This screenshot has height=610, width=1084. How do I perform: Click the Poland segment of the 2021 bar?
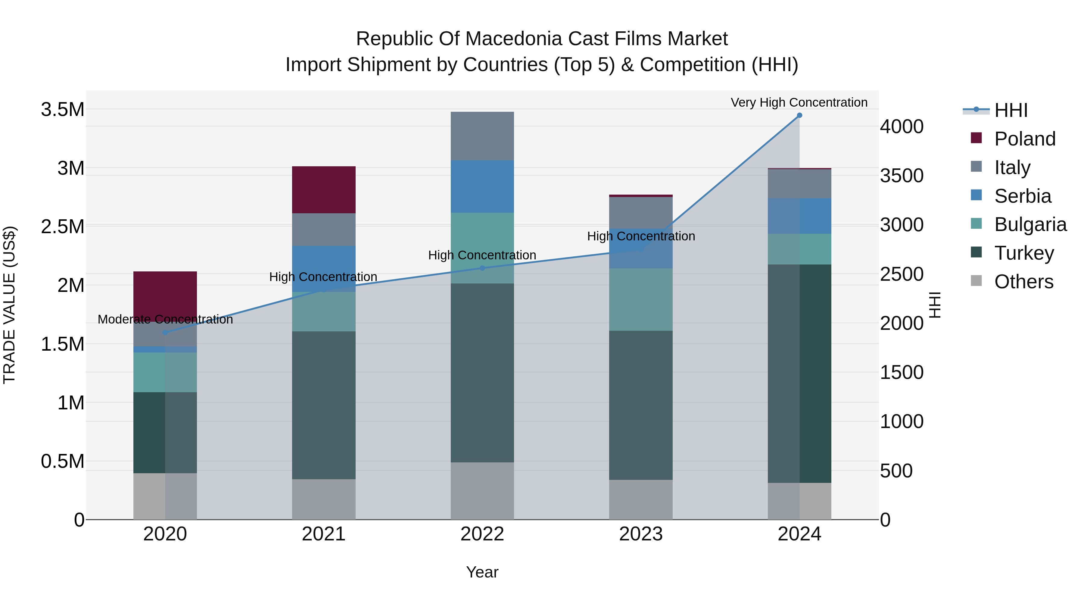[324, 189]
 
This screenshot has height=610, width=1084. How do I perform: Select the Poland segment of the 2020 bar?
[165, 295]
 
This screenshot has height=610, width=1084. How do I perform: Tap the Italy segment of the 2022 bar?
[482, 136]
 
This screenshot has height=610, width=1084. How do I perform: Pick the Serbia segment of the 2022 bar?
[482, 186]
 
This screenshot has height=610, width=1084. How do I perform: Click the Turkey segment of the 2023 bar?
[641, 405]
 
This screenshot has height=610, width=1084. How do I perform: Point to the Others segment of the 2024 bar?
[799, 501]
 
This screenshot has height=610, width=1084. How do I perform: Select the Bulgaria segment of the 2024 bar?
[799, 249]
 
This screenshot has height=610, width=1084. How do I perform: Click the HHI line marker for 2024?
[799, 115]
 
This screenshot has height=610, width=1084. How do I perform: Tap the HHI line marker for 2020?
[165, 333]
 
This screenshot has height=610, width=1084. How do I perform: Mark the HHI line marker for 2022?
[482, 268]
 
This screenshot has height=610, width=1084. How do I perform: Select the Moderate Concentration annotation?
[165, 320]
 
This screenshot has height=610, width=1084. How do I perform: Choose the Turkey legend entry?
[1024, 253]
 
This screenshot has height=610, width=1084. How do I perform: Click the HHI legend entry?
[1011, 110]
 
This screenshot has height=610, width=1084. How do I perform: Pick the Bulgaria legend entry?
[1030, 224]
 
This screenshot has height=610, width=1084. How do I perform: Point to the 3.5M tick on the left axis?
[62, 109]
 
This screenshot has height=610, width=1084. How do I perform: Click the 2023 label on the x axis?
[641, 534]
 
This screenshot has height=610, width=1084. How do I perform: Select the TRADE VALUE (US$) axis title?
[9, 305]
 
